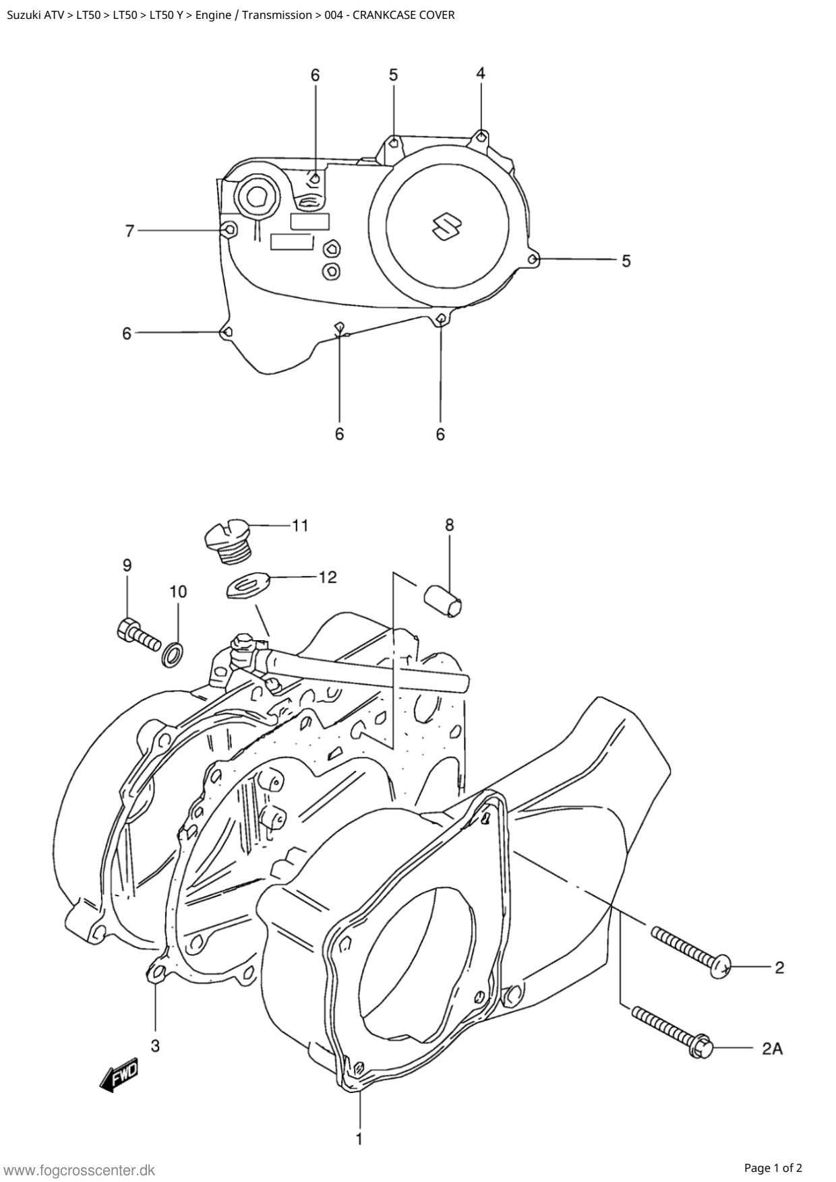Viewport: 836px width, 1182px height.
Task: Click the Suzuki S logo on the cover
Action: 446,226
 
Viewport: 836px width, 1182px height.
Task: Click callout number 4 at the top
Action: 480,73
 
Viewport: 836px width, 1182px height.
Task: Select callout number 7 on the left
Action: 130,231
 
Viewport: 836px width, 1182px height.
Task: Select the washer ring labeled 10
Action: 173,654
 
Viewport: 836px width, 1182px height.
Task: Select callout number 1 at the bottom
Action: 359,1139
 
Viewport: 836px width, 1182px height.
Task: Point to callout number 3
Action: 155,1045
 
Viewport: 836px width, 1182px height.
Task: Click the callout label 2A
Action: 772,1049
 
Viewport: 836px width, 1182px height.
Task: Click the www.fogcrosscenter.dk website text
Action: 80,1170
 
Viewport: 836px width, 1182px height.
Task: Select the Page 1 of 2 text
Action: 773,1168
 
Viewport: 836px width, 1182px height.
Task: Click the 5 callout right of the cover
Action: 626,260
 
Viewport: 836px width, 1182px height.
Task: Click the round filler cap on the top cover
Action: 256,197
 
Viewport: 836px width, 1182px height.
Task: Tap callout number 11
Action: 300,525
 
